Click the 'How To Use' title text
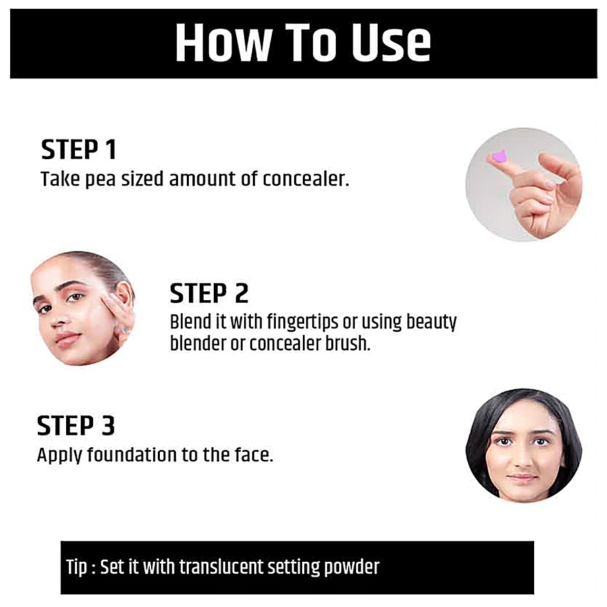(x=303, y=42)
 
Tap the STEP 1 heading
(x=79, y=150)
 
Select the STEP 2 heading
(x=209, y=293)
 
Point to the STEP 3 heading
(x=76, y=426)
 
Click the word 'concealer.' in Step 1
(x=306, y=179)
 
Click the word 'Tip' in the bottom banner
(x=76, y=567)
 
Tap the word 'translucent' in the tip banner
(x=221, y=567)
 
